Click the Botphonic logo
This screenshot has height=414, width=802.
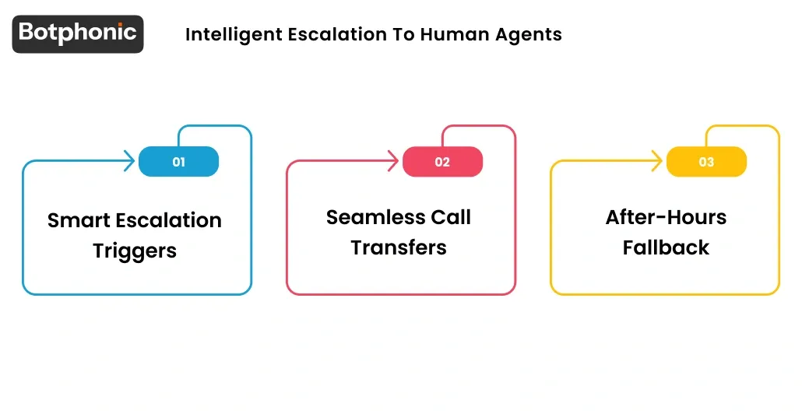click(78, 33)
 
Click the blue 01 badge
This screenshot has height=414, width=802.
click(178, 162)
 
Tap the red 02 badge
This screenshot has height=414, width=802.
click(442, 162)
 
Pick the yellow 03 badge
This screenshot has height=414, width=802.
click(706, 162)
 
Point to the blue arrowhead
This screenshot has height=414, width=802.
click(130, 162)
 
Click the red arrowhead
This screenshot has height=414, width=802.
click(394, 162)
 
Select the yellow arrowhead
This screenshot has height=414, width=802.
click(658, 162)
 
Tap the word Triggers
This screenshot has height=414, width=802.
click(135, 251)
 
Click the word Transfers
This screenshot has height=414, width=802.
click(398, 248)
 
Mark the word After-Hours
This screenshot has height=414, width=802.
click(666, 218)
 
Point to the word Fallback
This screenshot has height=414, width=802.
click(666, 248)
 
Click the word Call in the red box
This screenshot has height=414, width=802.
click(452, 218)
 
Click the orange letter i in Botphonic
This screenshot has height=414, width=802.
click(124, 32)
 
